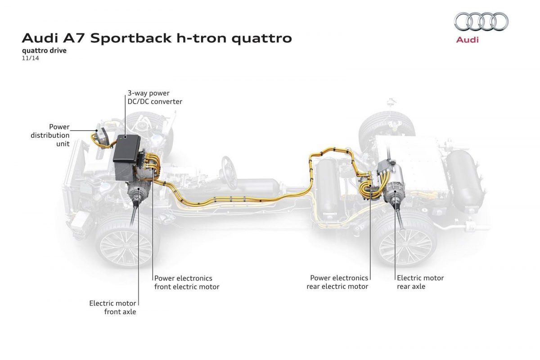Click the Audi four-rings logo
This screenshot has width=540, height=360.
pos(481,21)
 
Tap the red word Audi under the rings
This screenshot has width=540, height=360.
pos(468,40)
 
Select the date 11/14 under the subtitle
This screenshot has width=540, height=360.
pos(30,58)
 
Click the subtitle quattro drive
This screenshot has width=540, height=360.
pos(44,50)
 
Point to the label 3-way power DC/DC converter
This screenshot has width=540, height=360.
pos(154,97)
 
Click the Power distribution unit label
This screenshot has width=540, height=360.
pos(51,135)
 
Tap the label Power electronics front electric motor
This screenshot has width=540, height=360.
pos(187,282)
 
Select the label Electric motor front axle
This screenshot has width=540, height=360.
pos(113,307)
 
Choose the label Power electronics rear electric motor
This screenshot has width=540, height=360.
pos(337,282)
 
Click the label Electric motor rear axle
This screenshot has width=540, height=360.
pos(420,282)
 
